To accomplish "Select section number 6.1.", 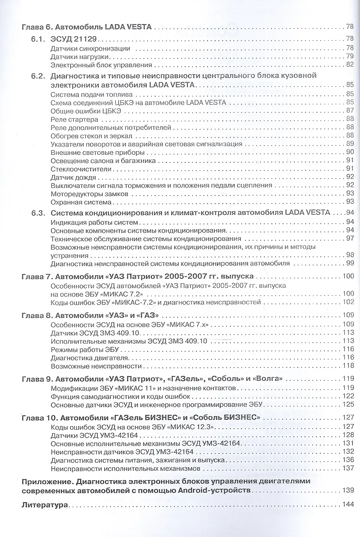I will point(37,39).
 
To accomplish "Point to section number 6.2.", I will point(37,76).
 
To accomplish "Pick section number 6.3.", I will point(37,213).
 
